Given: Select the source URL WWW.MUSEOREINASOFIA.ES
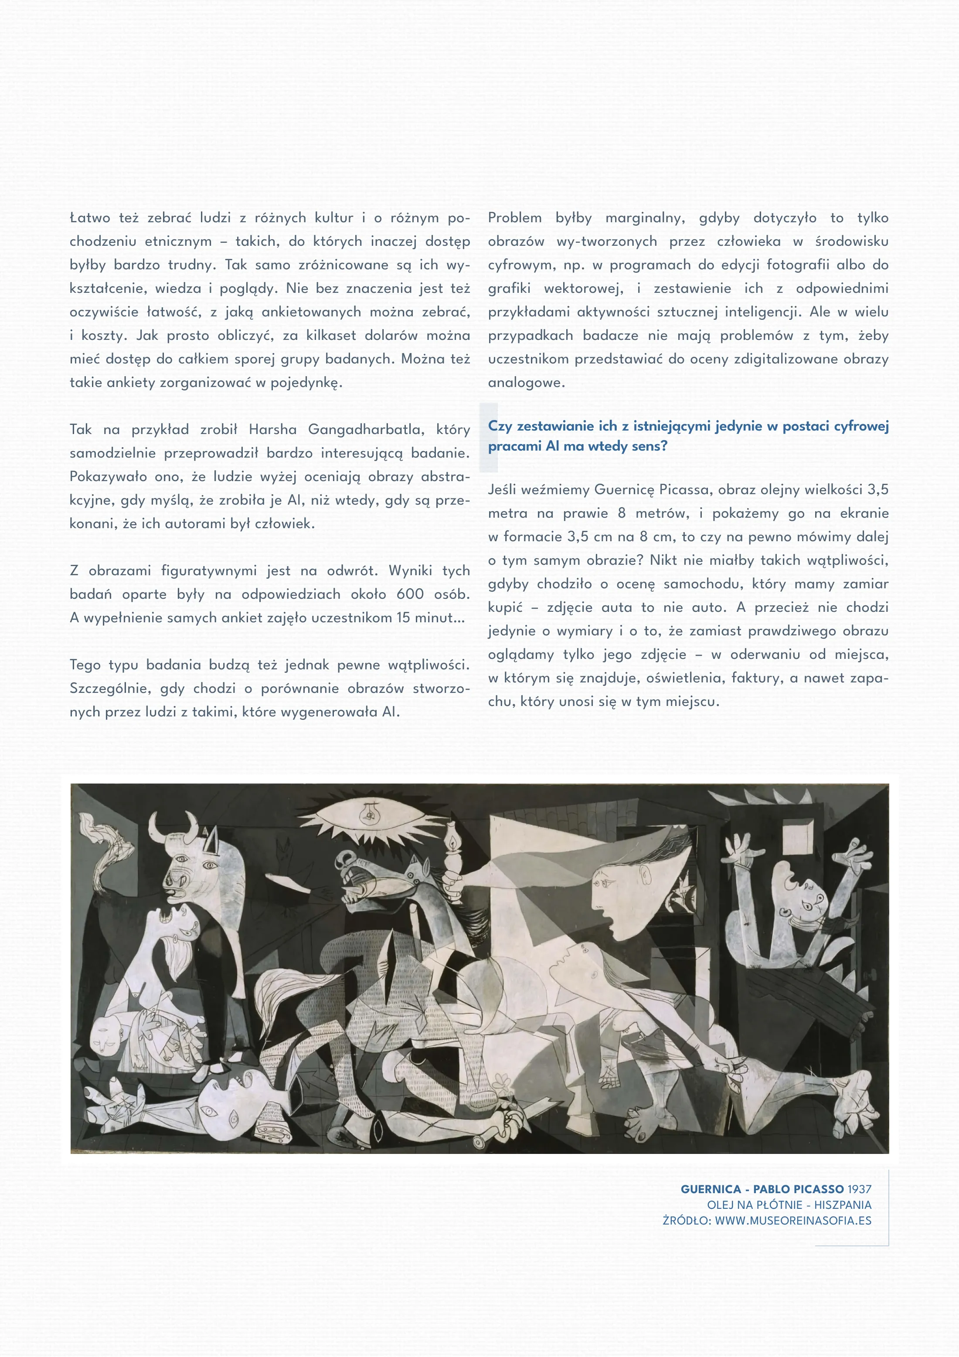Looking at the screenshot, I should (x=793, y=1221).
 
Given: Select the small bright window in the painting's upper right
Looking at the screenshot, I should (x=798, y=838).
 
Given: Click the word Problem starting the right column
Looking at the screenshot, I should (x=514, y=218).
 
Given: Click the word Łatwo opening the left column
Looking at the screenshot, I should (x=90, y=218).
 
